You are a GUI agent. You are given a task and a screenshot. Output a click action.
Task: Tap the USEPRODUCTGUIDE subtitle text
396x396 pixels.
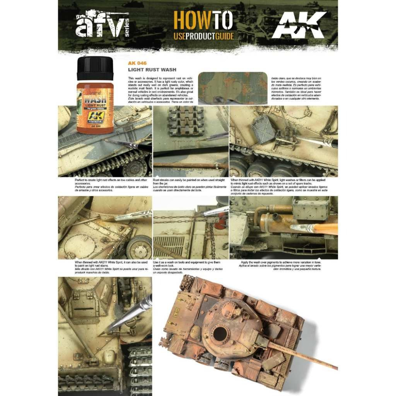pos(204,37)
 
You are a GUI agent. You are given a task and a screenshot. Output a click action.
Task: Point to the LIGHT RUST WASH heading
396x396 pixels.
pos(147,70)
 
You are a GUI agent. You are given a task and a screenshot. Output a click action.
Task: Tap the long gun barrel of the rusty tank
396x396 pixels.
pos(301,354)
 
